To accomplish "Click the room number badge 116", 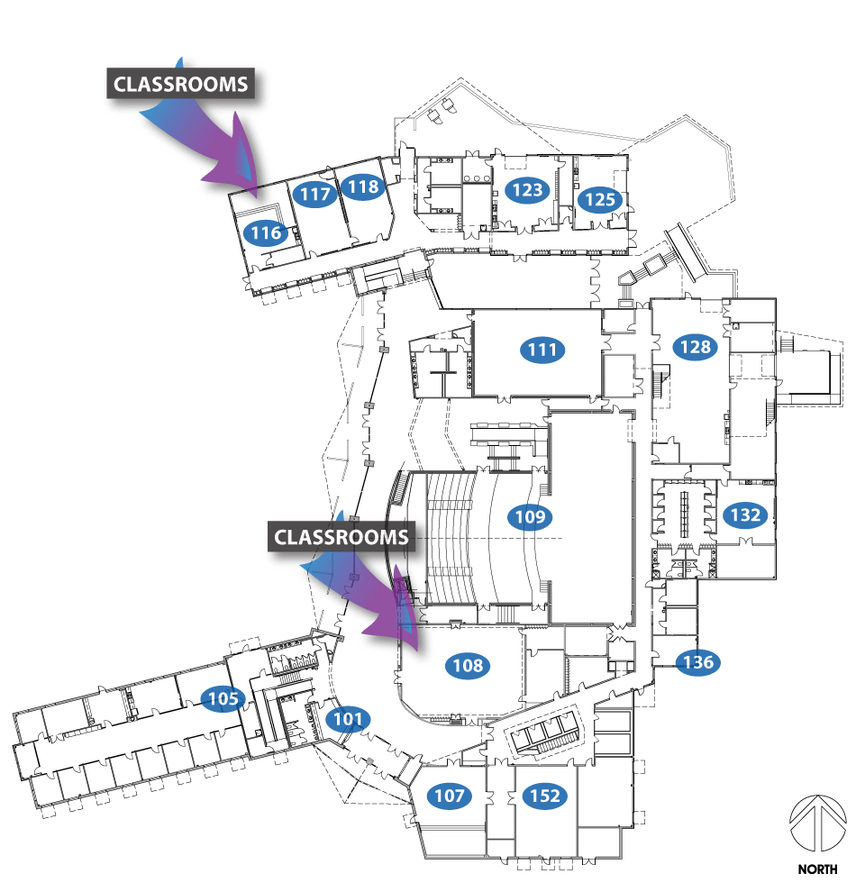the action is pyautogui.click(x=266, y=232).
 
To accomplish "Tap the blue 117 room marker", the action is pyautogui.click(x=315, y=194).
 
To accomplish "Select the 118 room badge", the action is pyautogui.click(x=363, y=187).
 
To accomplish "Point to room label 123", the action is pyautogui.click(x=527, y=189).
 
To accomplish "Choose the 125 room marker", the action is pyautogui.click(x=600, y=199).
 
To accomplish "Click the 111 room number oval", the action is pyautogui.click(x=542, y=349).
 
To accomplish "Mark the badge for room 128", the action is pyautogui.click(x=696, y=347).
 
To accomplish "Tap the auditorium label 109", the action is pyautogui.click(x=530, y=516).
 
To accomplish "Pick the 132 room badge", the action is pyautogui.click(x=745, y=514).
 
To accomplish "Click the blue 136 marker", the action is pyautogui.click(x=697, y=662).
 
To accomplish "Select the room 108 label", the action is pyautogui.click(x=468, y=665).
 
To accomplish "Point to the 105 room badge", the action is pyautogui.click(x=223, y=698).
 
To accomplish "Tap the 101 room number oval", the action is pyautogui.click(x=348, y=719).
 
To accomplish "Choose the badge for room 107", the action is pyautogui.click(x=450, y=796).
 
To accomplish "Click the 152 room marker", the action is pyautogui.click(x=545, y=796).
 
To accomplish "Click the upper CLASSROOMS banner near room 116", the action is pyautogui.click(x=180, y=84).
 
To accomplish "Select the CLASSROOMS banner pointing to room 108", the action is pyautogui.click(x=341, y=536).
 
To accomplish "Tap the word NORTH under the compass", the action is pyautogui.click(x=817, y=869).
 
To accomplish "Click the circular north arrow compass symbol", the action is pyautogui.click(x=818, y=824).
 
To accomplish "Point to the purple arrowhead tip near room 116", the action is pyautogui.click(x=256, y=196).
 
